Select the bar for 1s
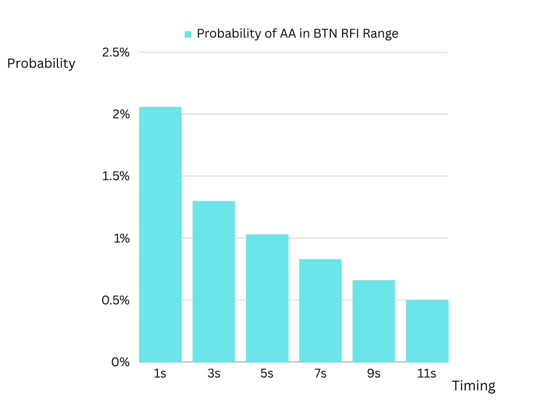[160, 234]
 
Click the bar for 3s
[214, 281]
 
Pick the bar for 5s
[267, 298]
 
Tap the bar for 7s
[320, 310]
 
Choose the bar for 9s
[374, 321]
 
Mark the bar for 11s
[427, 331]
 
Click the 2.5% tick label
[116, 52]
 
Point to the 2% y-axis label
[121, 114]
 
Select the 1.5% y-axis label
[116, 176]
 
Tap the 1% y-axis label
[121, 238]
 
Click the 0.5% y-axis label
[116, 300]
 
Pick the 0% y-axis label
[120, 362]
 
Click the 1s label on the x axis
[160, 373]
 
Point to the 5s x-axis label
[266, 373]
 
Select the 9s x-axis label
[374, 373]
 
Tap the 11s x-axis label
[426, 373]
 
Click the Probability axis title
[41, 63]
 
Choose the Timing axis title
[474, 386]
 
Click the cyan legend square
[188, 34]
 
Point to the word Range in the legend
[381, 34]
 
